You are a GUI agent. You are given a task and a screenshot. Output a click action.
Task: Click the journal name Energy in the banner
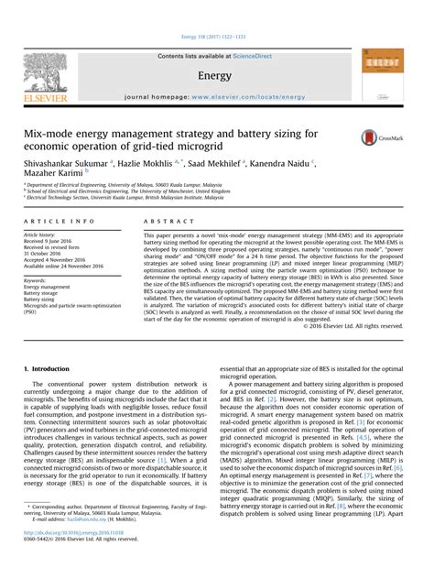(214, 76)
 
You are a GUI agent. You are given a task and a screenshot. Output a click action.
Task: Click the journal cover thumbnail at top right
(383, 72)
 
